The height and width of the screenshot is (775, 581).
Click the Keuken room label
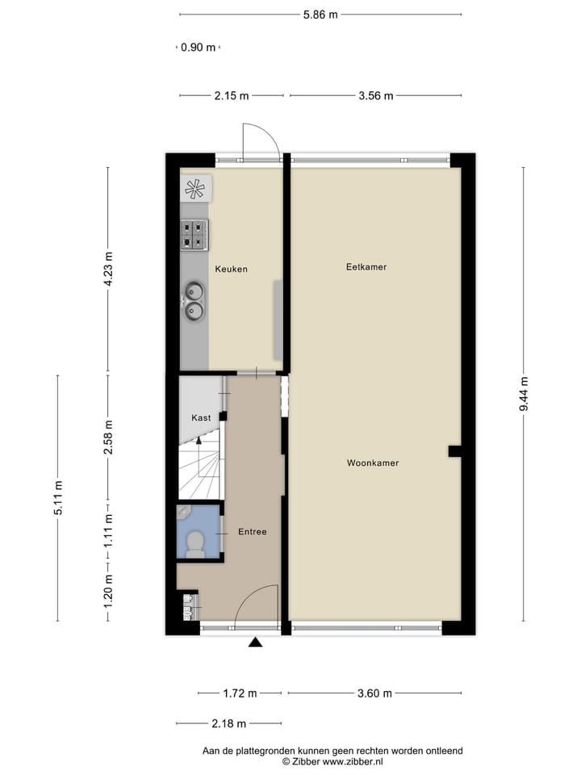coord(231,269)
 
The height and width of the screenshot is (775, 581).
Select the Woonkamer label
coord(373,463)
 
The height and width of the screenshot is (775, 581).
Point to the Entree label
coord(252,532)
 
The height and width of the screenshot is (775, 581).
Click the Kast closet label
coord(201,418)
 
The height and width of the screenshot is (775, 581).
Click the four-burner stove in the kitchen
coord(194,234)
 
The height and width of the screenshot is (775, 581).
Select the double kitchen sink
coord(194,300)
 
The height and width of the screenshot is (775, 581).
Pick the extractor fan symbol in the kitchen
coord(194,189)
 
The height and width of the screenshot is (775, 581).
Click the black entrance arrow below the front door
coord(256,643)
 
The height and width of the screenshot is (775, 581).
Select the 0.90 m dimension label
coord(198,48)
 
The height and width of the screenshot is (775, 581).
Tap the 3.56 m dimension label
coord(375,96)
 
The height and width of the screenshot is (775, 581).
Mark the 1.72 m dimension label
coord(240,693)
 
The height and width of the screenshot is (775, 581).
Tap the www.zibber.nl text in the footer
coord(353,761)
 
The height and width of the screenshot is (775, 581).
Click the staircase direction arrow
coord(199,442)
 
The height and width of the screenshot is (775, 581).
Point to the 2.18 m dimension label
coord(228,724)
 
